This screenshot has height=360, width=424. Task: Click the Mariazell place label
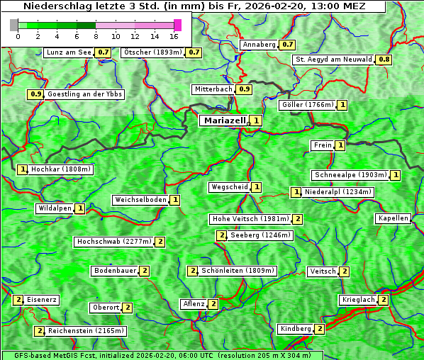(x=224, y=120)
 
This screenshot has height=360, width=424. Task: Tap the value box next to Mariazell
(x=256, y=121)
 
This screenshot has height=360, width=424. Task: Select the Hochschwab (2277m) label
(x=114, y=242)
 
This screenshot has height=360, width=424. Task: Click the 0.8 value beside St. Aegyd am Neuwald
(x=384, y=60)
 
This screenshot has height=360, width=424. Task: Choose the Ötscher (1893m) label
(x=153, y=52)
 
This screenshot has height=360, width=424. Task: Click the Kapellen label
(x=393, y=218)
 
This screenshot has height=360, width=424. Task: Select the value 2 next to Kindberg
(x=320, y=329)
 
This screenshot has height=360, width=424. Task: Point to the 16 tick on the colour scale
(x=174, y=35)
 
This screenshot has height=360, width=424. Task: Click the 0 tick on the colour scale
(x=17, y=35)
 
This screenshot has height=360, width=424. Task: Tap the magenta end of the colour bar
(x=177, y=25)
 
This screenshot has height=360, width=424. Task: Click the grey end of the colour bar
(x=14, y=25)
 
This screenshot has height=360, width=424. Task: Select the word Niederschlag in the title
(x=48, y=6)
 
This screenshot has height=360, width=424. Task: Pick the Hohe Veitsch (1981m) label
(x=250, y=219)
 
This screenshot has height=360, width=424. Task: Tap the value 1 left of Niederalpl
(x=296, y=192)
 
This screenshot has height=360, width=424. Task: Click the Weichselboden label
(x=140, y=200)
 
